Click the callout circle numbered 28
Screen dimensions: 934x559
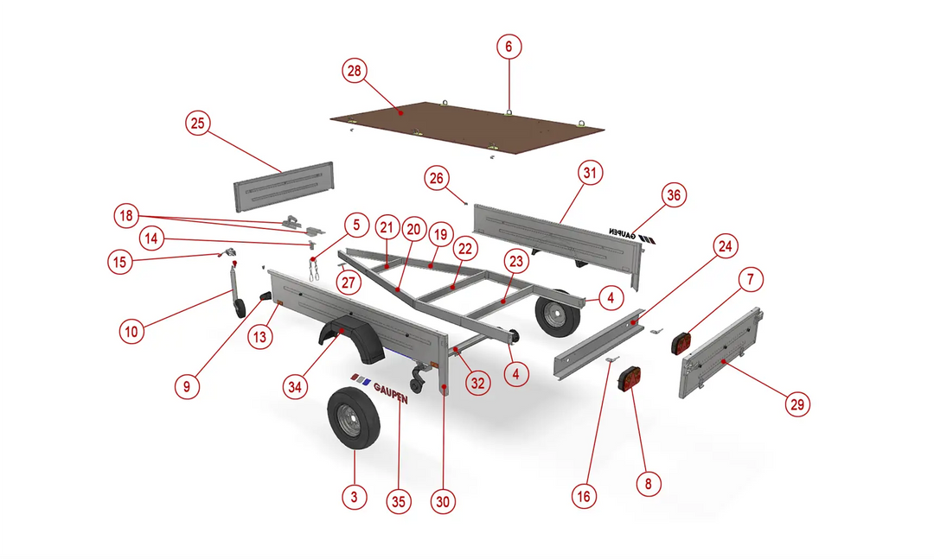[x=355, y=71]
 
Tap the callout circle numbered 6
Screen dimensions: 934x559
[x=509, y=47]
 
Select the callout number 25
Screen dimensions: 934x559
[x=198, y=124]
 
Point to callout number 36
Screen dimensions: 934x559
[x=674, y=194]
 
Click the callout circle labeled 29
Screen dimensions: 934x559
[x=797, y=405]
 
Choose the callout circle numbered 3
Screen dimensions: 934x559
[x=355, y=497]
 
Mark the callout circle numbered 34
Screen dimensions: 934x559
[x=295, y=387]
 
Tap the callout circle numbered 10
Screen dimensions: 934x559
[x=131, y=331]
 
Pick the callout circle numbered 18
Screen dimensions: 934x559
[x=126, y=215]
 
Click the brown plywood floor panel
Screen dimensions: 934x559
[x=468, y=128]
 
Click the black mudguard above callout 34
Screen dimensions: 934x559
[x=351, y=342]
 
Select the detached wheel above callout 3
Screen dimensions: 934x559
[x=353, y=418]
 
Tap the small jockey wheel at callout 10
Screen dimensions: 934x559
[x=240, y=308]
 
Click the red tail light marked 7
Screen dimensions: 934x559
[x=681, y=344]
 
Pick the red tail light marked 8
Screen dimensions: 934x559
[x=631, y=379]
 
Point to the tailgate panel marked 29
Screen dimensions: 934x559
[x=721, y=353]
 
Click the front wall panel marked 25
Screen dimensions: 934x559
[x=284, y=187]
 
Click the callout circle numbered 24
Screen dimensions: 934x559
[x=725, y=246]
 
